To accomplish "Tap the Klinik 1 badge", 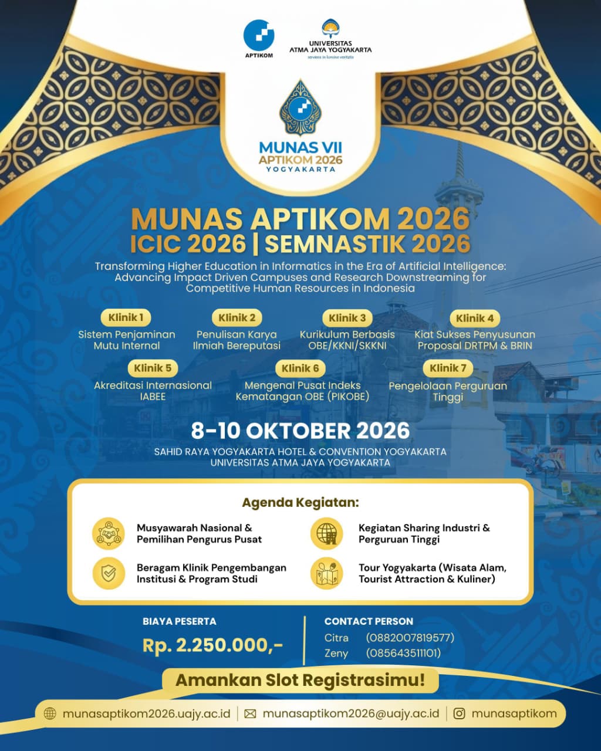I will (x=126, y=317).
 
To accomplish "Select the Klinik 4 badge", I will (x=475, y=318).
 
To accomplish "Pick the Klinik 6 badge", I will (x=300, y=368).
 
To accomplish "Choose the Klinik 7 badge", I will (x=448, y=368).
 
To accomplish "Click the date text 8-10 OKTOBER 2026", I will (x=300, y=431).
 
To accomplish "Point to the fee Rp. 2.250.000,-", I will (x=212, y=645).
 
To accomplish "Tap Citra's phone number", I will (x=410, y=638).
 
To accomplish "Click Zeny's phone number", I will (x=403, y=653).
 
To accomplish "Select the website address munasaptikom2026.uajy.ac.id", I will (x=146, y=713).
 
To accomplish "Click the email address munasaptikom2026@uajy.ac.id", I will (x=350, y=713).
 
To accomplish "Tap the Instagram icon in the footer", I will (x=460, y=713).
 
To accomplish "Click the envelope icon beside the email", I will (x=250, y=713).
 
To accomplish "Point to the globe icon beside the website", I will (x=50, y=713).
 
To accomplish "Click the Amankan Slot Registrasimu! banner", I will (x=300, y=681).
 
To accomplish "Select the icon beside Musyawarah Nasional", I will (x=109, y=533).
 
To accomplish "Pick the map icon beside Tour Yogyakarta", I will (x=327, y=573).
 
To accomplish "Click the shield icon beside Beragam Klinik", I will (x=109, y=573).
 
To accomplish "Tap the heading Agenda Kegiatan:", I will (x=300, y=503).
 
